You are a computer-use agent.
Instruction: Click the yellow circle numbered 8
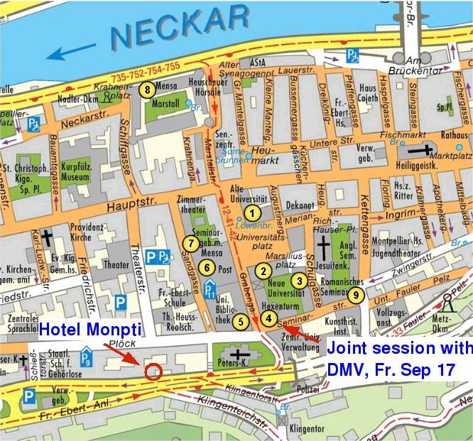[147, 89]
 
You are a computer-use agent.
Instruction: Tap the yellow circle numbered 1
[250, 211]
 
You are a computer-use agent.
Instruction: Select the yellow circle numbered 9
[357, 294]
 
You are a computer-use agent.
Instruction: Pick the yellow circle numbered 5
[241, 321]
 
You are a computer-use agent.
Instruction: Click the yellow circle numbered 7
[190, 243]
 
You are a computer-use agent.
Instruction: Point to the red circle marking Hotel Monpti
[153, 371]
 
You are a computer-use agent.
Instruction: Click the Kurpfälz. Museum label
[78, 167]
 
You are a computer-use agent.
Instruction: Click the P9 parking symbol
[87, 356]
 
